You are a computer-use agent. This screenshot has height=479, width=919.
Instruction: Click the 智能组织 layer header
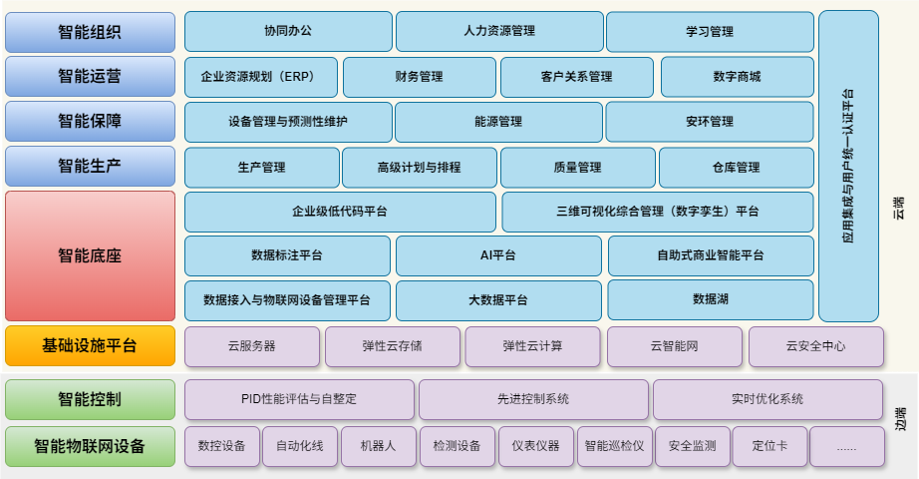coord(90,32)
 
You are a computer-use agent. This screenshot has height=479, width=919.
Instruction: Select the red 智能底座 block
coord(90,255)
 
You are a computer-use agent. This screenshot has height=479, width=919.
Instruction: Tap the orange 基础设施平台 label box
coord(90,346)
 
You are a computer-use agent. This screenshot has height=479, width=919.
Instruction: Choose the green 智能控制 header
coord(90,399)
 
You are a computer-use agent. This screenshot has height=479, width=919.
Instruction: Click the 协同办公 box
coord(288,31)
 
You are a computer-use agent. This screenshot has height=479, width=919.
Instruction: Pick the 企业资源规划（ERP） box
coord(261,77)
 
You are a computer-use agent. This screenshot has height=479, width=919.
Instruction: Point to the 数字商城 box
coord(737,77)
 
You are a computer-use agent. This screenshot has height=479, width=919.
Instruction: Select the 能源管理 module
coord(498,122)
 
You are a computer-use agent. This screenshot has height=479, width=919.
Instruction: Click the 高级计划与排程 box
coord(419,168)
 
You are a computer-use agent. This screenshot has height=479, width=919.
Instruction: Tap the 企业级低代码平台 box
coord(340,212)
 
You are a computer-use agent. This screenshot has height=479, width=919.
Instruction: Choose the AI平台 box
coord(498,255)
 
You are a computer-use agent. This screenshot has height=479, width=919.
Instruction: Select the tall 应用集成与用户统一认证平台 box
coord(848,166)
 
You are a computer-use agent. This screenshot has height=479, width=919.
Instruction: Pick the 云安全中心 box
coord(815,346)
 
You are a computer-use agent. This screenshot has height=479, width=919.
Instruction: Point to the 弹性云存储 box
coord(392,346)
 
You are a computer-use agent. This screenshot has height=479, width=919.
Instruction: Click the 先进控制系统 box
coord(532,399)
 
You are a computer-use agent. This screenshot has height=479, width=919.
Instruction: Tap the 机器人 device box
coord(377,446)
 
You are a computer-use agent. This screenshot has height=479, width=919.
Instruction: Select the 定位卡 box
coord(769,446)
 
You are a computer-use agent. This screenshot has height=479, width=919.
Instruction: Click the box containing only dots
coord(846,446)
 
